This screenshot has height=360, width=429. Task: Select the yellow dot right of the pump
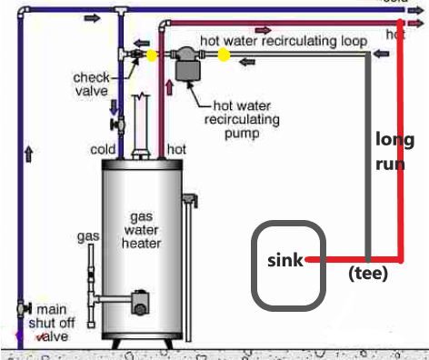click(224, 55)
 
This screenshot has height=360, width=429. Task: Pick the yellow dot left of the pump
click(152, 55)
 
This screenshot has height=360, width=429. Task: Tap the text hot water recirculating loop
click(284, 41)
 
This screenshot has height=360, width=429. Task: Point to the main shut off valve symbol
click(21, 310)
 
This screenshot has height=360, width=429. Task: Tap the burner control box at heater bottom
click(142, 299)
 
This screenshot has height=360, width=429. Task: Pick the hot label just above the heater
click(175, 148)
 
